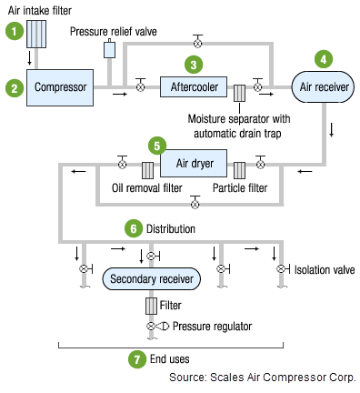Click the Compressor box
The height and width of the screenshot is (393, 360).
[60, 87]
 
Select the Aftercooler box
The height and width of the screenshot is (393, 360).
[194, 86]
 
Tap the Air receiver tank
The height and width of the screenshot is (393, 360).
[323, 87]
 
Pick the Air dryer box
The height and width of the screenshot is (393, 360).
[194, 163]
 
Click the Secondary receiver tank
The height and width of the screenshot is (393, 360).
[152, 278]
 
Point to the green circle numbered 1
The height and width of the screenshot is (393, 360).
[15, 31]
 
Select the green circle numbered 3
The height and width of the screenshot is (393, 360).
[194, 65]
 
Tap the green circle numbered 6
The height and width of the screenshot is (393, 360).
[134, 228]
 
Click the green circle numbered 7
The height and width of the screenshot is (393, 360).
[137, 359]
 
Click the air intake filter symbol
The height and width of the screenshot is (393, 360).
[36, 34]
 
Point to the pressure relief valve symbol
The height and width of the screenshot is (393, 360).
[109, 48]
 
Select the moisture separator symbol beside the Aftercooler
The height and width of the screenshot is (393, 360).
[239, 93]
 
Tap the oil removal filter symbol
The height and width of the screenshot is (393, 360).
[147, 170]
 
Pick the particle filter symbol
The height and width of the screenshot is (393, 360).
[239, 170]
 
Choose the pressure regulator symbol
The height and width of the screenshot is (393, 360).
[157, 327]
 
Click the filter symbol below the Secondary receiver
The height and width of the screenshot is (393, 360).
[151, 306]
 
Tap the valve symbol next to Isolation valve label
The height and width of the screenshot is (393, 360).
[283, 268]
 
